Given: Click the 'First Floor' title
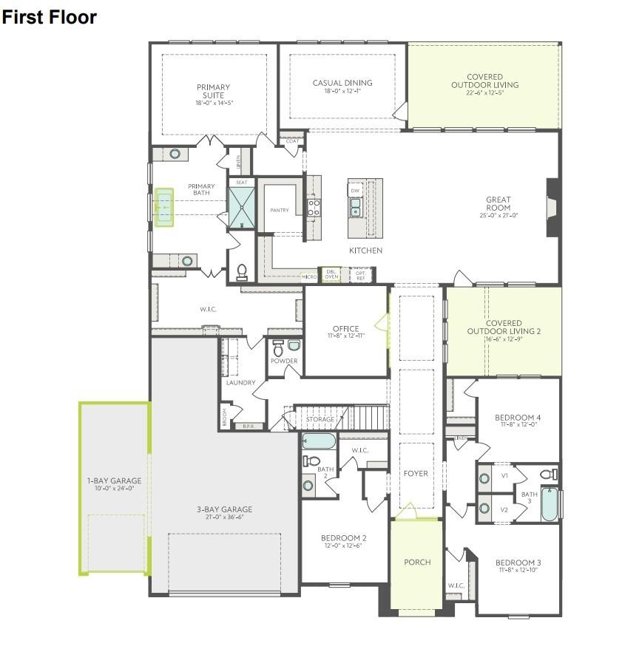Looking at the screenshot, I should pos(49,17).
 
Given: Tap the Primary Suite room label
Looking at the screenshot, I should pos(213,91).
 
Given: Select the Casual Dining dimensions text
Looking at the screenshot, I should pos(342,92).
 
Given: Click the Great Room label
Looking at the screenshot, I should pos(498,204).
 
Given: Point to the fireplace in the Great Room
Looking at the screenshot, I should pos(552,208).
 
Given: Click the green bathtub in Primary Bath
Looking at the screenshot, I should pos(163,208).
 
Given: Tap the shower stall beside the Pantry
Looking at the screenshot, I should pos(241,208).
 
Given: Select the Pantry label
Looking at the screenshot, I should pos(280,211).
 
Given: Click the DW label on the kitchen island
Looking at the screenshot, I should pos(355,190).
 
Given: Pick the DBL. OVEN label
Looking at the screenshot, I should pos(331,275).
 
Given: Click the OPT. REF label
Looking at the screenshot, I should pos(361,275).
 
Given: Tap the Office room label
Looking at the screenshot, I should pos(345,329).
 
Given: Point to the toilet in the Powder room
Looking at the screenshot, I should pos(278,347).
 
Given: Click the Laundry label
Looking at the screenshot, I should pos(240,383).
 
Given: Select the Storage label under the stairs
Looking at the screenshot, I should pos(320,419).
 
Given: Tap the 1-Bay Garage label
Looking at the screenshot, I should pos(114,480).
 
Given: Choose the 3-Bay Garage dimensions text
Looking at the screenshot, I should pos(224,517).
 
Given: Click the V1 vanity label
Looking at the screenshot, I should pos(504,475).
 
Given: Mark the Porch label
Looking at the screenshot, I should pos(416,562).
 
